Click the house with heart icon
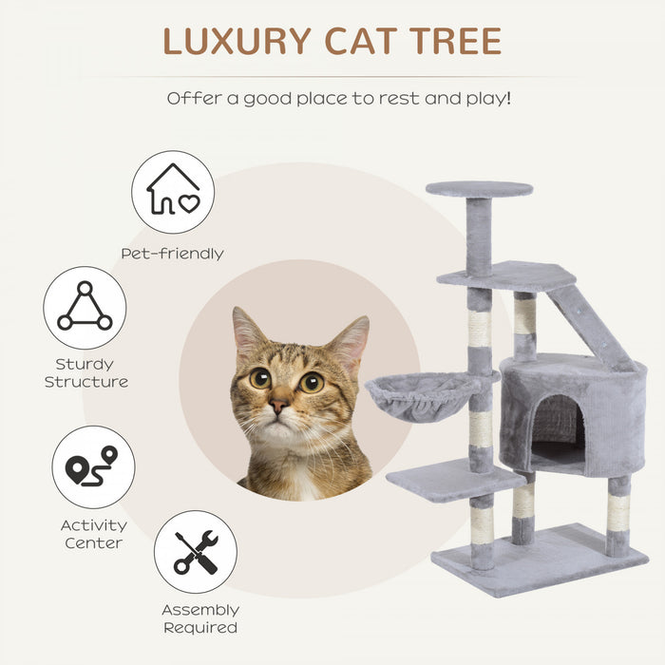[x=173, y=191]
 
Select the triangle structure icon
[x=85, y=307]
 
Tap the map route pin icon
[x=92, y=466]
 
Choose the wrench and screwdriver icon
[x=196, y=552]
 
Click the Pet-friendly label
[x=172, y=254]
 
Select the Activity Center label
[x=93, y=534]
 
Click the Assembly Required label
[x=199, y=618]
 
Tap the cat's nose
[x=278, y=405]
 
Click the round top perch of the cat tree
[x=479, y=189]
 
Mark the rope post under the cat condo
[x=618, y=513]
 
